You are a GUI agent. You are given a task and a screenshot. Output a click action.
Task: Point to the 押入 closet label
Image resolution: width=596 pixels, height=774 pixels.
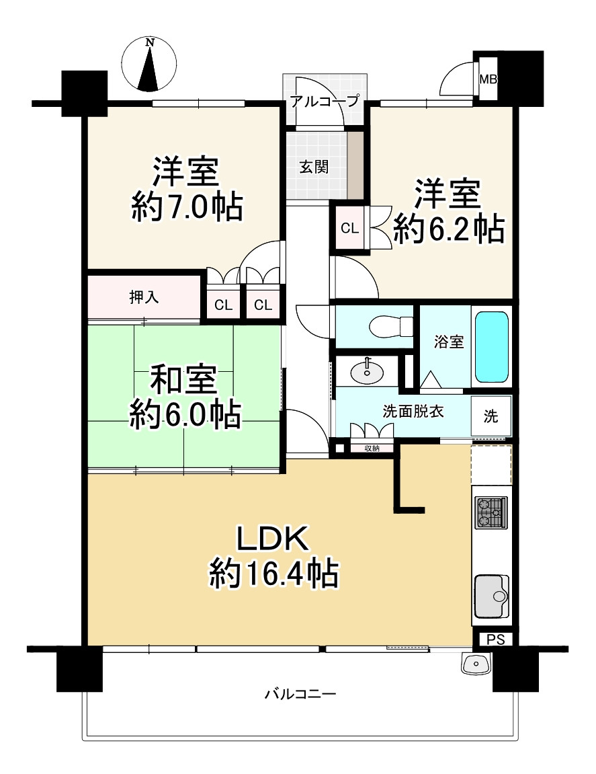tap(144, 297)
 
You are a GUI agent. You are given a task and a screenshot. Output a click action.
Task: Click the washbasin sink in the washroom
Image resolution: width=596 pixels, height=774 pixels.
tap(367, 370)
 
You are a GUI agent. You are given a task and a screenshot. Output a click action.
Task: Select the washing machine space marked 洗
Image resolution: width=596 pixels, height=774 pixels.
tap(491, 416)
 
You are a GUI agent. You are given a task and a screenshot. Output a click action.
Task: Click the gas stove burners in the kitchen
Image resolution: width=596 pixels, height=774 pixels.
tap(491, 514)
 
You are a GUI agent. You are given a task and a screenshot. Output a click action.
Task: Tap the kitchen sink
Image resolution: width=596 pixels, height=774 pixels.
tap(492, 596)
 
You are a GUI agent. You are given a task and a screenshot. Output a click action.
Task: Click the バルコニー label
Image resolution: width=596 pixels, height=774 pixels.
tap(300, 693)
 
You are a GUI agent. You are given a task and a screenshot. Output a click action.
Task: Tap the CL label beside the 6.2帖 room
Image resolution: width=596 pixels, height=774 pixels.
tap(349, 228)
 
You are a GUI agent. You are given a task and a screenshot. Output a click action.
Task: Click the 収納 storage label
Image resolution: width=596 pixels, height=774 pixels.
tap(372, 448)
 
